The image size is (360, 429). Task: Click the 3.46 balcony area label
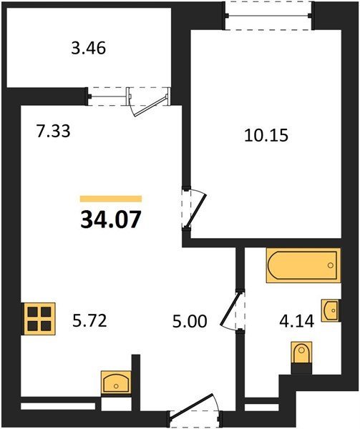(x=89, y=49)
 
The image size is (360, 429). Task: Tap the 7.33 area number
(x=54, y=131)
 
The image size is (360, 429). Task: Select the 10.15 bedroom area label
(x=266, y=135)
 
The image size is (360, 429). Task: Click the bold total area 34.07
(x=111, y=220)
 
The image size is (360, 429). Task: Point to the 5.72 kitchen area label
(x=89, y=320)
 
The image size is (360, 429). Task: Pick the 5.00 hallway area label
(x=190, y=321)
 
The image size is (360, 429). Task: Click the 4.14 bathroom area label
(x=296, y=321)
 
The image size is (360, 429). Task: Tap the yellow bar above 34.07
(x=111, y=199)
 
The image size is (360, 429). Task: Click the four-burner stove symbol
(x=39, y=319)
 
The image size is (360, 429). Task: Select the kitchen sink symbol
(x=116, y=383)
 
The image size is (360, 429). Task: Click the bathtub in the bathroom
(x=303, y=265)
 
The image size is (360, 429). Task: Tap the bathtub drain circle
(x=331, y=265)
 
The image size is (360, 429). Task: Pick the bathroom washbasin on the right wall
(x=331, y=310)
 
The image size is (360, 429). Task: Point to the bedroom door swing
(x=195, y=209)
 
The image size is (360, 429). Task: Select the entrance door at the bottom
(x=193, y=408)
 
